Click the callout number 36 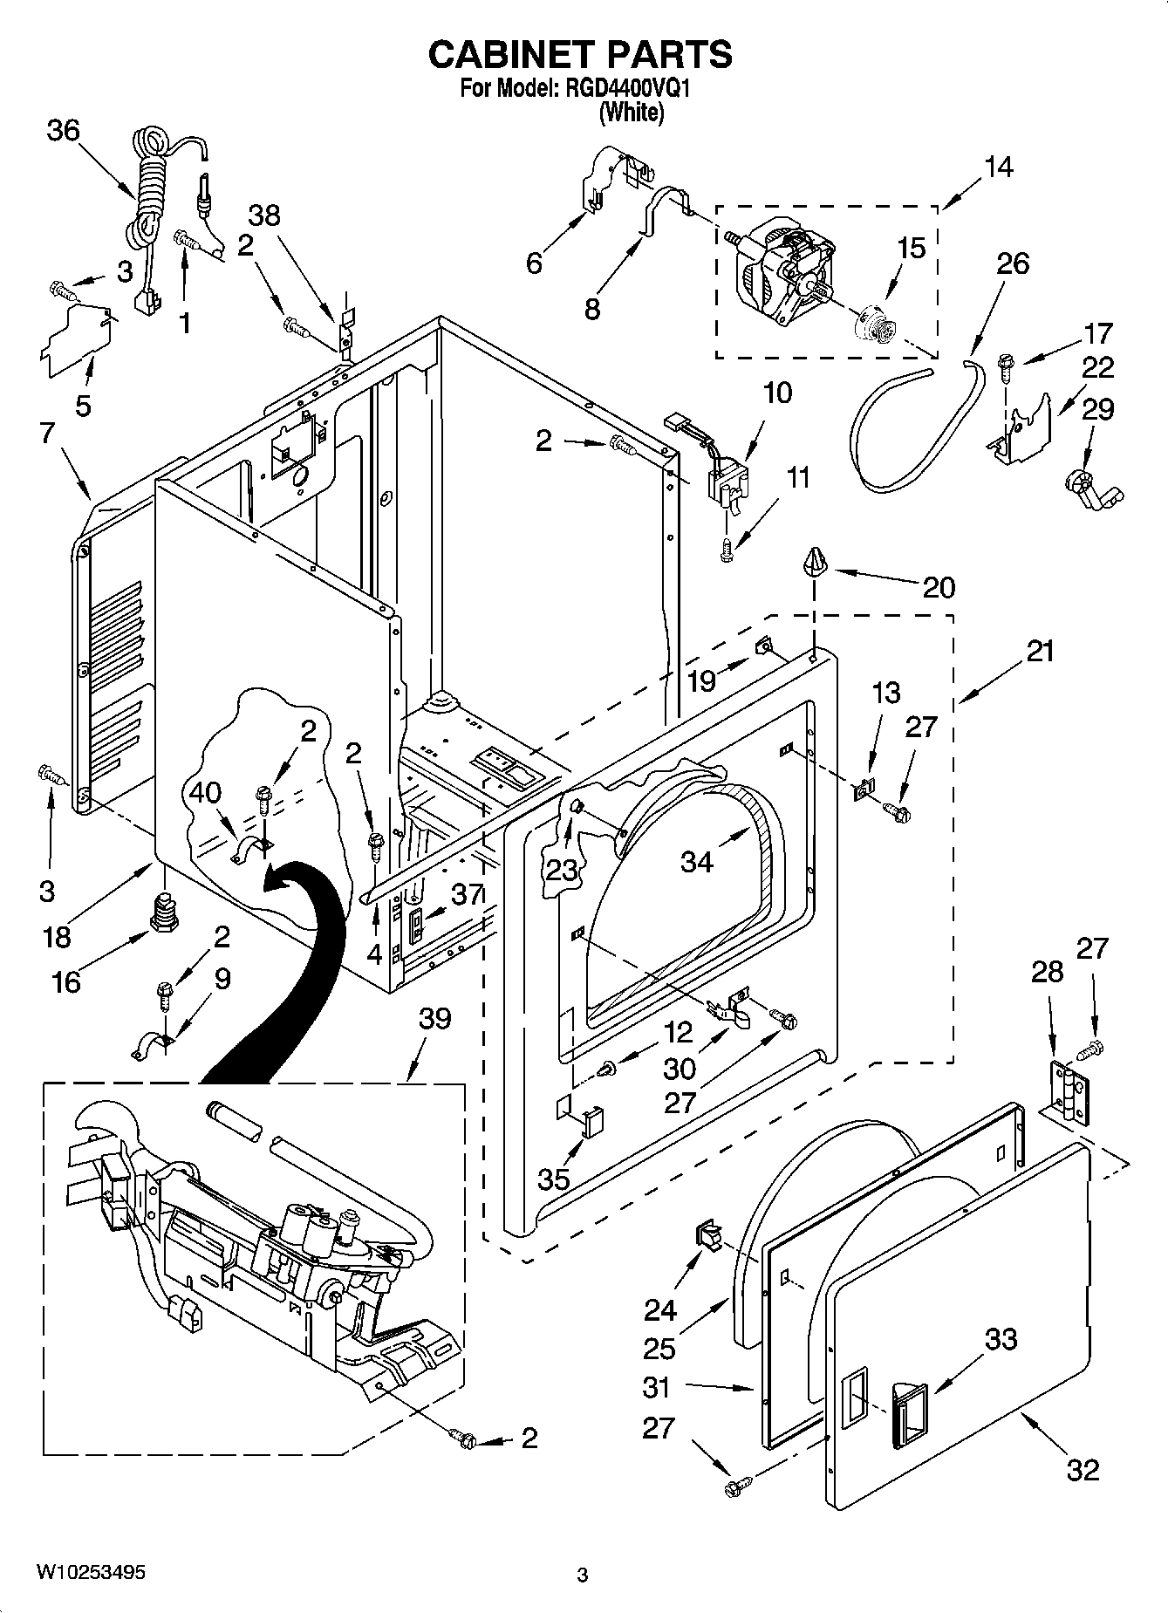pos(63,131)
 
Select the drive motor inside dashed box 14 pos(779,266)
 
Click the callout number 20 pos(939,587)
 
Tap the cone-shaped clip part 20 pos(815,563)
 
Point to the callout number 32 pos(1082,1470)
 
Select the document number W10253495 pos(90,1572)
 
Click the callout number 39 pos(434,1018)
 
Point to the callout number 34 pos(697,862)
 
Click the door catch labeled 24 pos(707,1235)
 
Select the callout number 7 pos(48,432)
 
